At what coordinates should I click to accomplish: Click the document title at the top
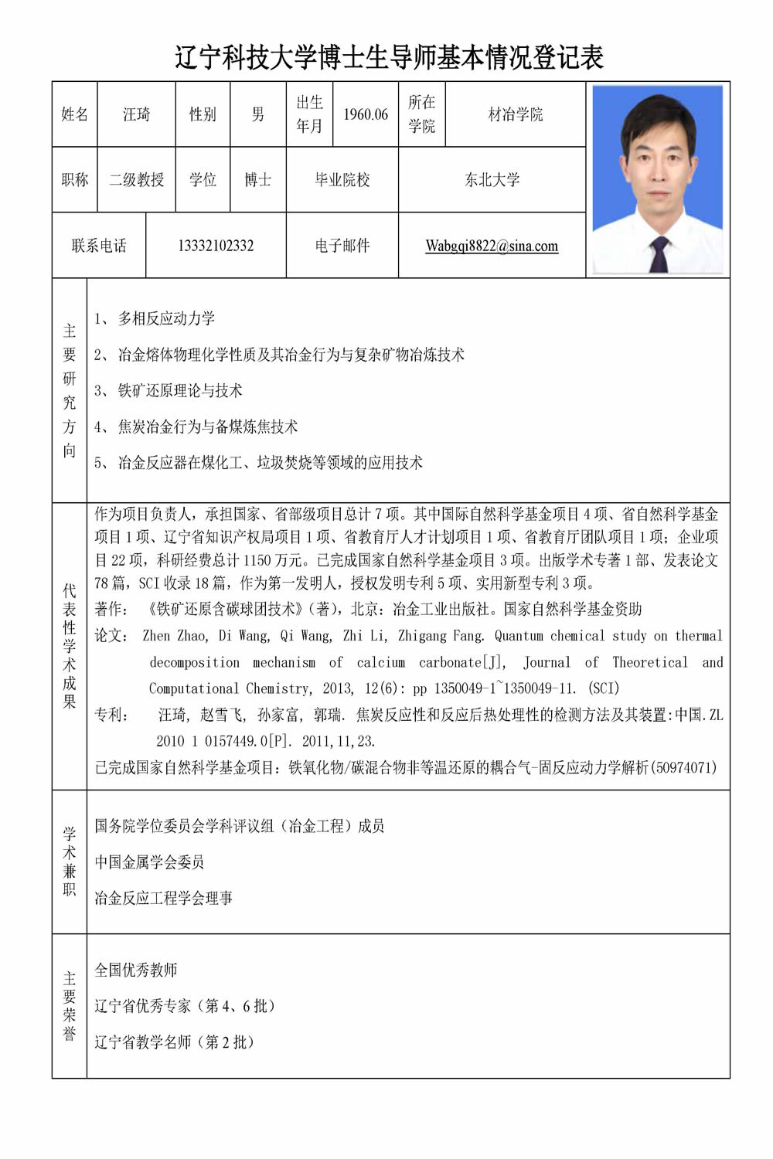pos(389,57)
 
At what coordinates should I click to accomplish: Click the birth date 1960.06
pos(366,114)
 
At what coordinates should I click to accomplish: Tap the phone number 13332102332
pos(216,246)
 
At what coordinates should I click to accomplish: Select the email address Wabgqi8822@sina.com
pos(492,246)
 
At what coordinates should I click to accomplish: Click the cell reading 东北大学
pos(492,180)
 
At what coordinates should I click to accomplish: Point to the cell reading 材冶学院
pos(515,114)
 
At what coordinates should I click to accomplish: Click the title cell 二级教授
pos(136,180)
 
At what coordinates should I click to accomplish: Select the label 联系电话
pos(99,246)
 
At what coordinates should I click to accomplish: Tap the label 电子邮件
pos(342,246)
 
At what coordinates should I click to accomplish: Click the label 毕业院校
pos(342,180)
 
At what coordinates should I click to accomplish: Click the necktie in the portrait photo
pos(659,253)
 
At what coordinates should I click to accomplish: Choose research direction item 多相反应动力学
pos(166,318)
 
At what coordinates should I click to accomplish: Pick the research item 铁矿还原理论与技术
pos(179,390)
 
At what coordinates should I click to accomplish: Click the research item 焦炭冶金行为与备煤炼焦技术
pos(207,427)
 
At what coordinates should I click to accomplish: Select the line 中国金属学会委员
pos(149,862)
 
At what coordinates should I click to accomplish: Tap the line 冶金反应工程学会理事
pos(163,898)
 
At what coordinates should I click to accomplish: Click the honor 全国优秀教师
pos(136,970)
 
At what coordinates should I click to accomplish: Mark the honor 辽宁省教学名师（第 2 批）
pos(174,1042)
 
